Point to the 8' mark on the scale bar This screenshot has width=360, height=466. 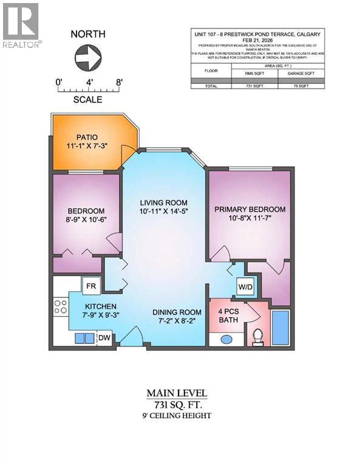(119, 81)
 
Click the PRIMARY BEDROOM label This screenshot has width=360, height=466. (250, 209)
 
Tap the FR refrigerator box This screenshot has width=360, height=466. (91, 285)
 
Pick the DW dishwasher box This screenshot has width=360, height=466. (104, 338)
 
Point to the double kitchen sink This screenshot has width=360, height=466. (84, 338)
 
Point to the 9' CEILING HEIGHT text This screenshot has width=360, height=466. (180, 416)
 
